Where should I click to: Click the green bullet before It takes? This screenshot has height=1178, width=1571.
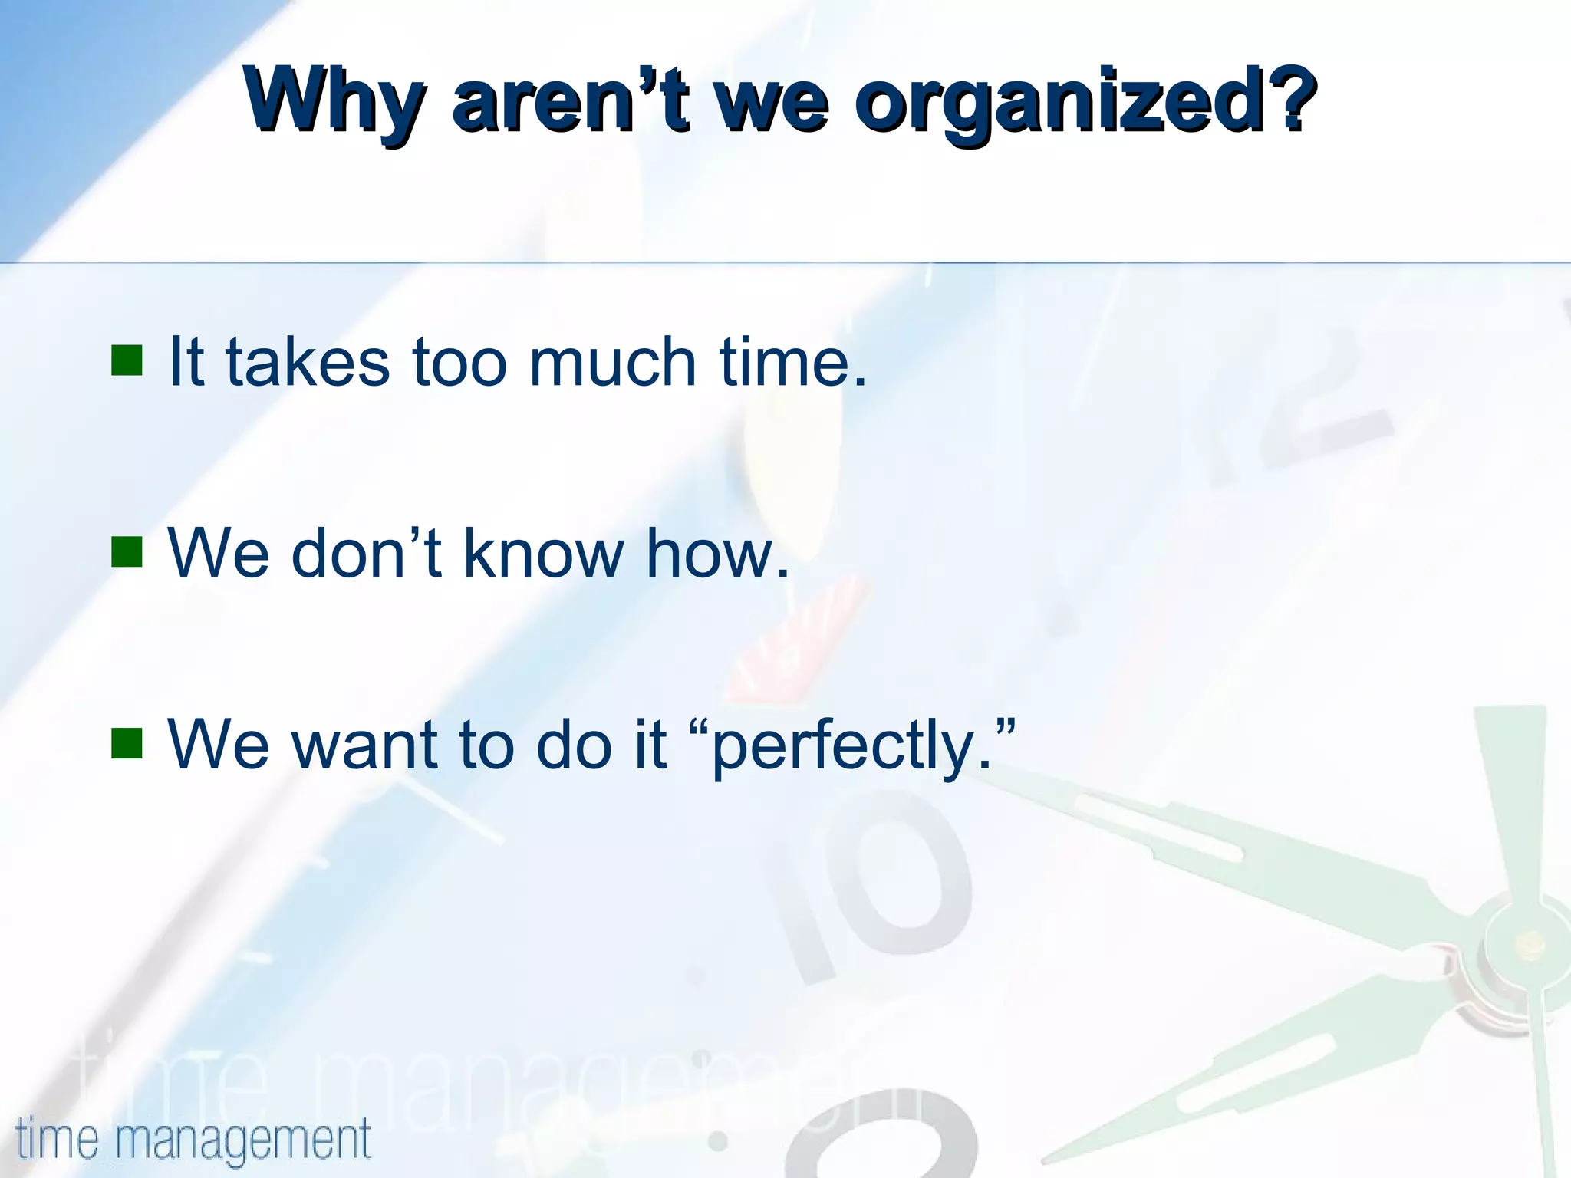pos(127,360)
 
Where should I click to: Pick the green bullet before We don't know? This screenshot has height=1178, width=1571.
pos(127,551)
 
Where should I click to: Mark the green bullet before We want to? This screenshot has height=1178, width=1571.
pos(127,742)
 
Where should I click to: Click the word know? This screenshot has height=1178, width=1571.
pos(545,552)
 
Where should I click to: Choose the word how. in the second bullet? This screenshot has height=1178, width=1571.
pos(717,552)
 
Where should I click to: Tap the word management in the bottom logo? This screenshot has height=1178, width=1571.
pos(244,1140)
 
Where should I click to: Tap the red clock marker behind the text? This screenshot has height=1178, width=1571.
pos(798,644)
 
